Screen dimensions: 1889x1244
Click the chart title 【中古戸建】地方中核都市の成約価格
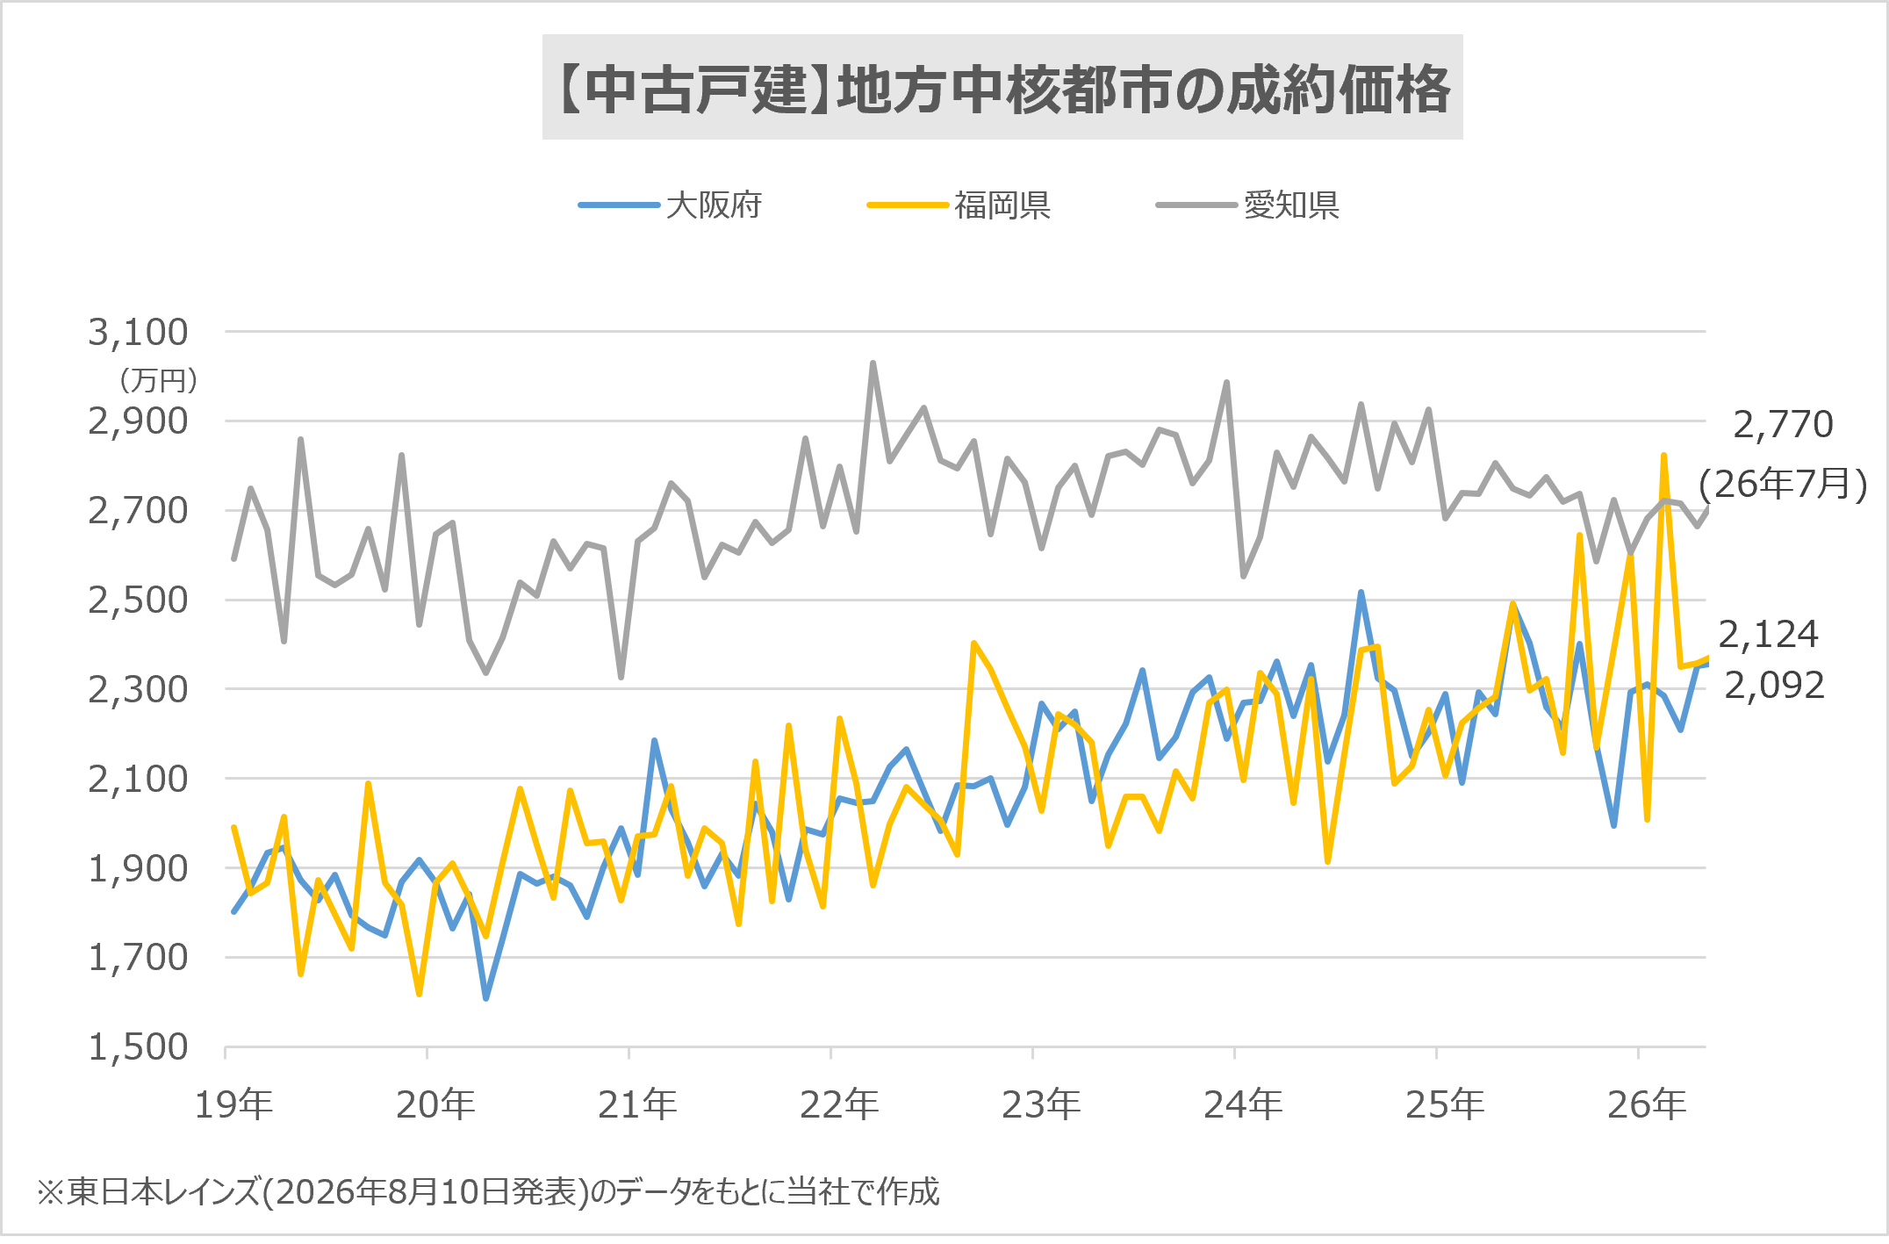coord(1002,89)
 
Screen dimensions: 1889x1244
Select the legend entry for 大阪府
coord(670,205)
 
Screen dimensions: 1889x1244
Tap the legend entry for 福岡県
coord(959,205)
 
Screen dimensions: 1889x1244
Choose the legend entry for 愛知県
coord(1247,205)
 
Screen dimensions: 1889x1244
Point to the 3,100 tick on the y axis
coord(138,332)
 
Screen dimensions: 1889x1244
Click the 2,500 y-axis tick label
coord(138,600)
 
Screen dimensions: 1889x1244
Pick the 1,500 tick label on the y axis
coord(138,1046)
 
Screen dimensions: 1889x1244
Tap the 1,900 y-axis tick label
coord(138,868)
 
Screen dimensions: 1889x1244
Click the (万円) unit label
coord(158,380)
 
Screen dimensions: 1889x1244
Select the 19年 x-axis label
coord(233,1104)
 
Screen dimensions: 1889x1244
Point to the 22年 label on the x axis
coord(839,1104)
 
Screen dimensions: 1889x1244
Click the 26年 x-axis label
coord(1647,1104)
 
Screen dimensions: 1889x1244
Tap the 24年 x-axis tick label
coord(1243,1104)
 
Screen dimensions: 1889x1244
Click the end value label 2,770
coord(1783,424)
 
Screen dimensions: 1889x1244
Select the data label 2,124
coord(1768,634)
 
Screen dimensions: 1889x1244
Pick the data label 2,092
coord(1774,685)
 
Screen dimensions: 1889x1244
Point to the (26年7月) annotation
coord(1783,484)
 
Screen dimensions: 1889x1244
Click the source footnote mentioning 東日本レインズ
coord(488,1192)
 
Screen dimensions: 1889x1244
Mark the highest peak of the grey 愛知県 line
coord(873,363)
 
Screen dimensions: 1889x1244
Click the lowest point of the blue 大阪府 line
coord(485,998)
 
